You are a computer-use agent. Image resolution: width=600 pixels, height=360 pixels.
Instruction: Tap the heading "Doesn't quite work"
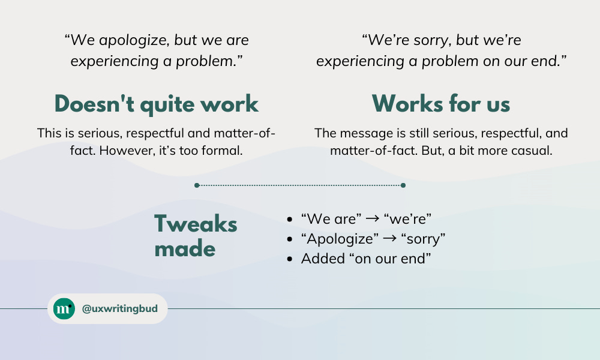156,104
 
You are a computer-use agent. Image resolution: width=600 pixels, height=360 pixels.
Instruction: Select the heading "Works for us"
441,104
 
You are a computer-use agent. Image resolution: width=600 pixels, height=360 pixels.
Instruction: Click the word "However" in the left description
122,151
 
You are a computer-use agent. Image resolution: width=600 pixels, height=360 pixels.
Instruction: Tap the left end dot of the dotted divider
197,185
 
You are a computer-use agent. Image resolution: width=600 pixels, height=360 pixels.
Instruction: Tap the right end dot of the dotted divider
403,185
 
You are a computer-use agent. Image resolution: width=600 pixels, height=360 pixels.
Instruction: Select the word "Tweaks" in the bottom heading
196,224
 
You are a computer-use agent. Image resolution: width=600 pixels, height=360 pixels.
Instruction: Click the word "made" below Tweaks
185,248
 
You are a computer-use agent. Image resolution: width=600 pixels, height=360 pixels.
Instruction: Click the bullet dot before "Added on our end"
290,259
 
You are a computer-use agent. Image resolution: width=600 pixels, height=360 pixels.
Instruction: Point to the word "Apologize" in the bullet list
340,239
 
